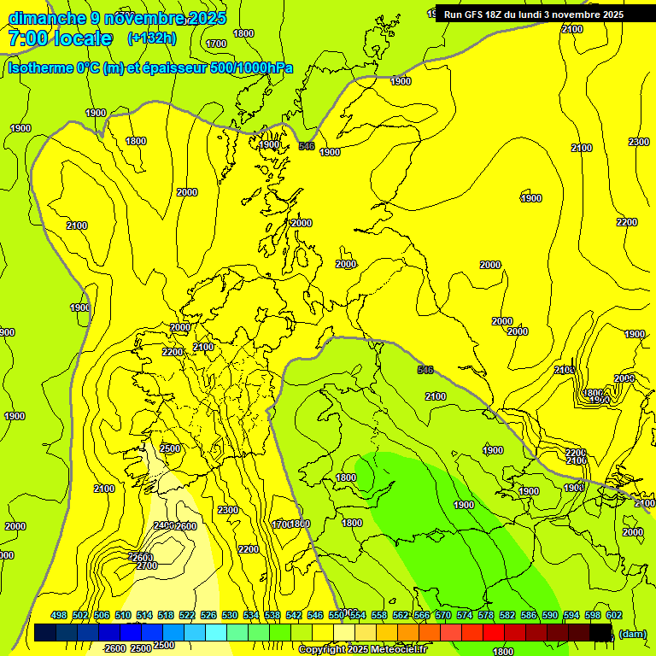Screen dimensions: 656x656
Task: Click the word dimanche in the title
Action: [x=46, y=18]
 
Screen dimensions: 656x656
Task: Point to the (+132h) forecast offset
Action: [x=151, y=38]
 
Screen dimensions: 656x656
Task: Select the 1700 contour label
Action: [x=217, y=43]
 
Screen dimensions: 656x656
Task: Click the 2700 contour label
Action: [x=147, y=565]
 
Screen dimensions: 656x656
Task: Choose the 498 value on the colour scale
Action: [x=59, y=615]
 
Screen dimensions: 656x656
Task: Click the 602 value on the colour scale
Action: [x=613, y=615]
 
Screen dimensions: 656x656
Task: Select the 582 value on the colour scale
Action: [x=507, y=615]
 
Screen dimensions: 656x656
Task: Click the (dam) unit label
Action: [x=632, y=633]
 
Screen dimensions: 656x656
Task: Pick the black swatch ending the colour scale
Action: [x=601, y=633]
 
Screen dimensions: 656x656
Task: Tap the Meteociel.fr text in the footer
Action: [x=398, y=650]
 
